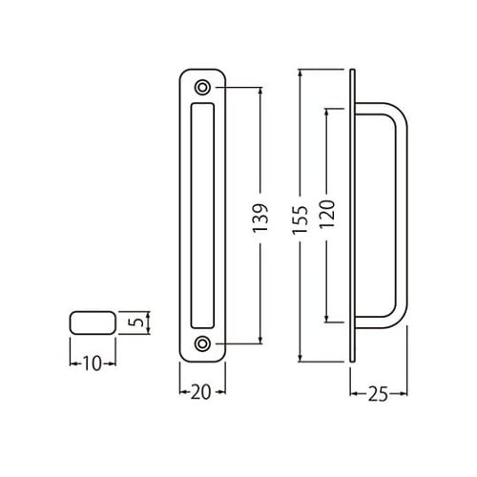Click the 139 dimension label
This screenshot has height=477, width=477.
point(260,218)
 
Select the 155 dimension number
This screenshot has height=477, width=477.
point(301,220)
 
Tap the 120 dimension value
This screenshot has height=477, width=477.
point(327,214)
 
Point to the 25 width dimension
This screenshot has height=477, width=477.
point(378,394)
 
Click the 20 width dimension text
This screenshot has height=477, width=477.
point(200,392)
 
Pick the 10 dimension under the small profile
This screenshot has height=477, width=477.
point(92,363)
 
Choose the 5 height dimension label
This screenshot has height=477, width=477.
point(135,322)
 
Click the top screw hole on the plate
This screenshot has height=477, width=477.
point(202,87)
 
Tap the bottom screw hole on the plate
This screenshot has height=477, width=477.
point(202,343)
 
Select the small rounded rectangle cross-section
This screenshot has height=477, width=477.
point(93,322)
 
